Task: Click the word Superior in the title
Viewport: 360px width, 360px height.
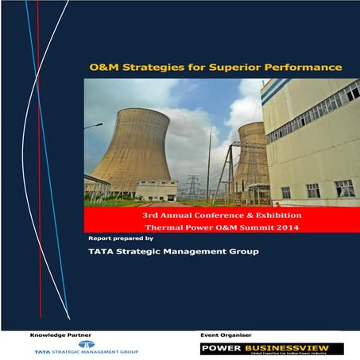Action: (x=238, y=67)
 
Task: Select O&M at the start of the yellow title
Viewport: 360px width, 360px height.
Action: (x=103, y=67)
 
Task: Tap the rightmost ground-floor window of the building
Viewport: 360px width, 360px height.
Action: (x=343, y=188)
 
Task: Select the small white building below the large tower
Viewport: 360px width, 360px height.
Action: (x=157, y=189)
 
